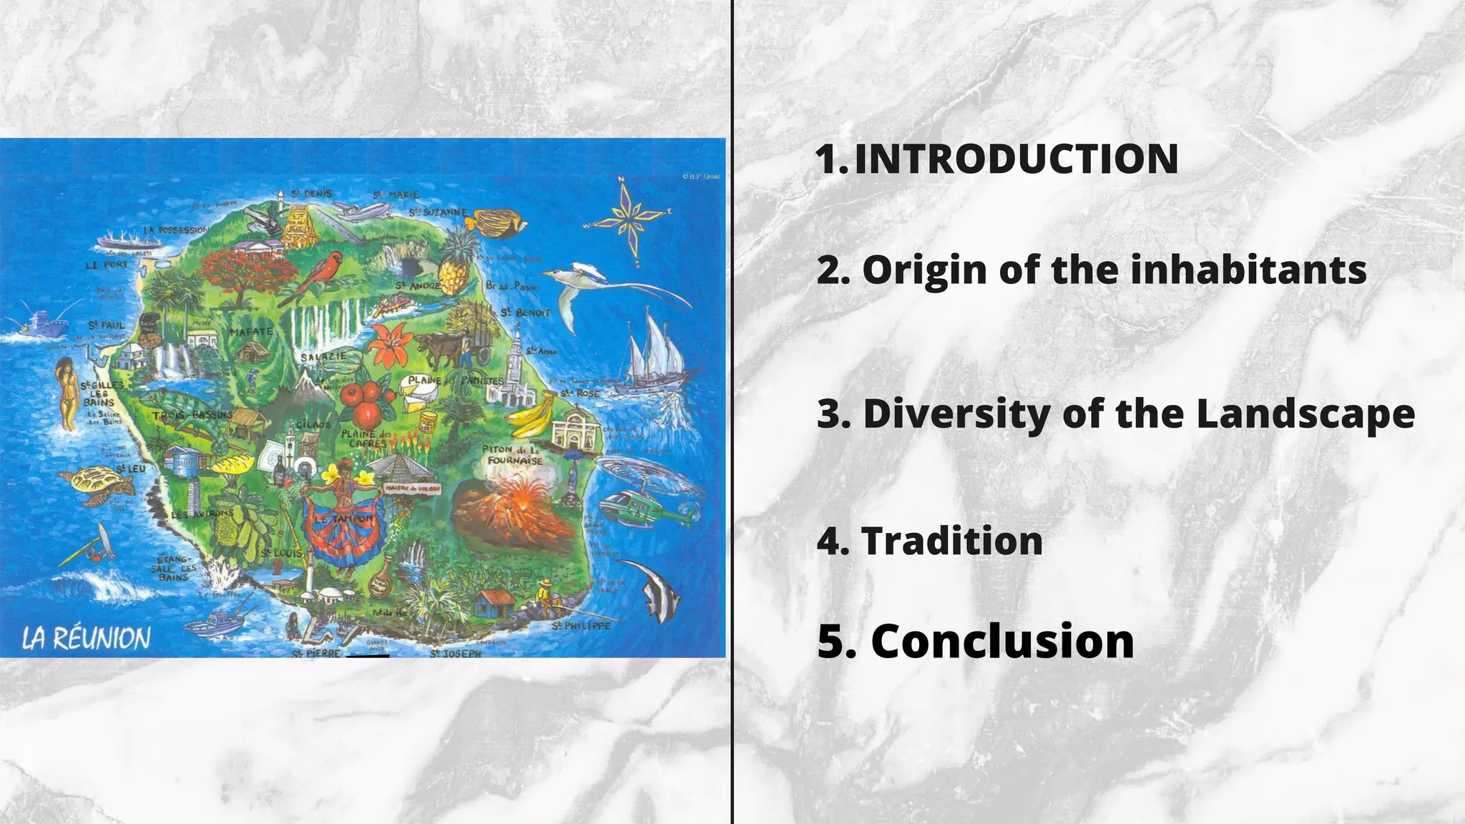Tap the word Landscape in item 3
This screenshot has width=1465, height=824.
click(1305, 414)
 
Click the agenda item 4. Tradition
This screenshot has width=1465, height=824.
click(930, 541)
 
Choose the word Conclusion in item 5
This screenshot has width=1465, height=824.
click(1002, 641)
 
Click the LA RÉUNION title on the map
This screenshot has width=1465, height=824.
click(87, 638)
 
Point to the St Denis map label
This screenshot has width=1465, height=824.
click(311, 194)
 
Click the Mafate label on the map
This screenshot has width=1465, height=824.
click(251, 332)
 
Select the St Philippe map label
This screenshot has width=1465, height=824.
click(582, 626)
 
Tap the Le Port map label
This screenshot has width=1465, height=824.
click(107, 265)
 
